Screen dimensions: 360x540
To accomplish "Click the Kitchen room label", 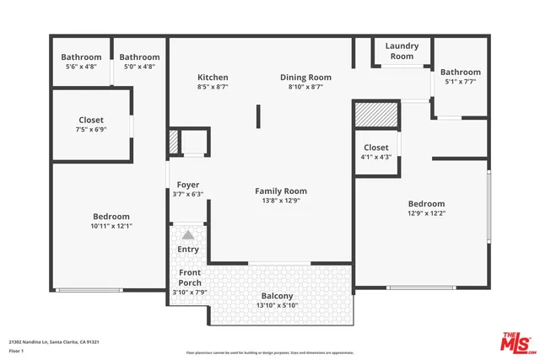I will [213, 78].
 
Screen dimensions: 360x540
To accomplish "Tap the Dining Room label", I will [305, 78].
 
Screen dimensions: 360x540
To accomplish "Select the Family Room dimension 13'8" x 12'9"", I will [280, 201].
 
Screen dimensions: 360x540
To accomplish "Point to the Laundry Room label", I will [402, 51].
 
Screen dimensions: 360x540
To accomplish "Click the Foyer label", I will [187, 185].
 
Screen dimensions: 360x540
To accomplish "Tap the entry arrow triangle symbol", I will [188, 235].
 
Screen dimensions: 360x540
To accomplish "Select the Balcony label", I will [277, 296].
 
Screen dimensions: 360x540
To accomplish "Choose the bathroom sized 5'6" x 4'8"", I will [81, 62].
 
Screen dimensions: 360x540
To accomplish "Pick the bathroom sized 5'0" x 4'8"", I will [139, 62].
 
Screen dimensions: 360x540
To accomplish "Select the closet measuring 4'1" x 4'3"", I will [376, 152].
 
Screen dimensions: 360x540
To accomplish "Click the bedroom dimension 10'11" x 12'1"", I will [111, 226].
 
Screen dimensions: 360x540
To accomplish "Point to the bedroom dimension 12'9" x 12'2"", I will [426, 213].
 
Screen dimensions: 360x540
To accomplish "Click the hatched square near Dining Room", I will [375, 114].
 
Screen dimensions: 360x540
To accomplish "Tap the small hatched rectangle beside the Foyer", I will [174, 142].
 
